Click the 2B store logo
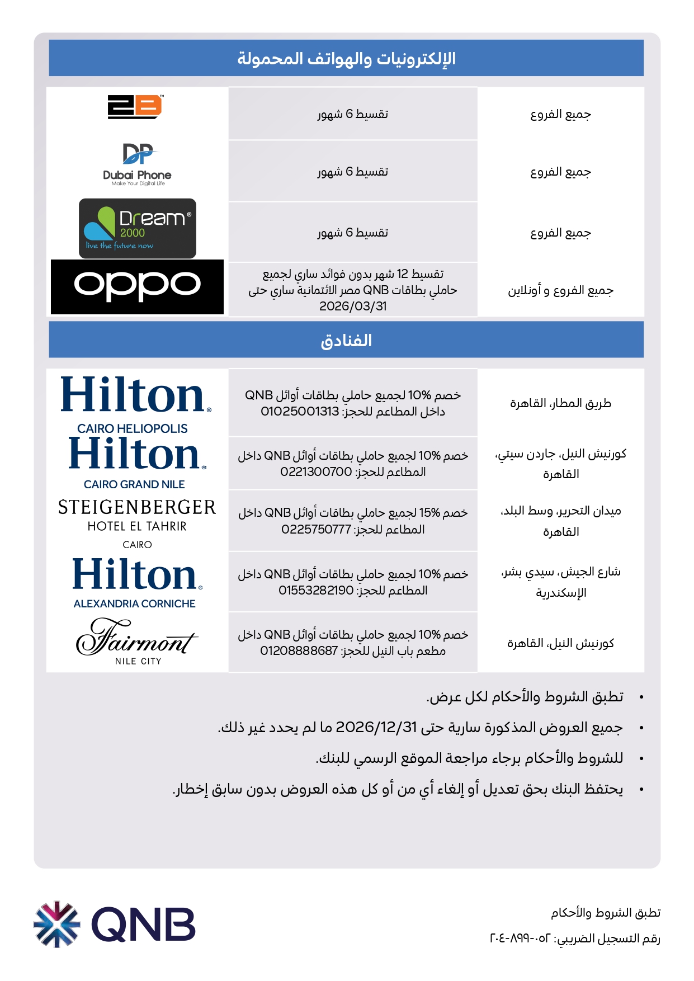135,107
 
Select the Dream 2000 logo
138,228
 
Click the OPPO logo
138,286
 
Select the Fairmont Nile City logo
137,641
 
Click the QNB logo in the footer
115,924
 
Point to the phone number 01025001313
300,412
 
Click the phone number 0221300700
316,472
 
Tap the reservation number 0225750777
317,530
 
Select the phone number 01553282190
316,591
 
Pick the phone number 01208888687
299,651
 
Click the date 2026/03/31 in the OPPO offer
353,306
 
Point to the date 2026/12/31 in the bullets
376,728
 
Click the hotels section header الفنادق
346,340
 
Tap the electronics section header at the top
346,58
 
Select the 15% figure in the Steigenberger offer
429,513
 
